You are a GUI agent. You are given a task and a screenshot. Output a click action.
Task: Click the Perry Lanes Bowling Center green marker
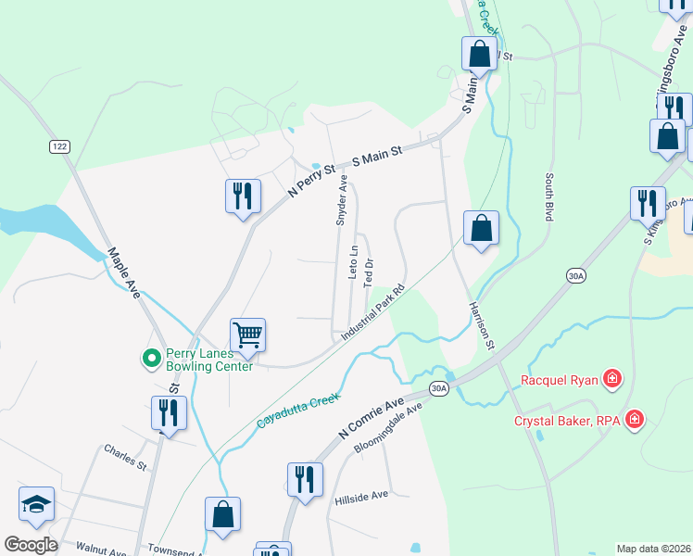148,357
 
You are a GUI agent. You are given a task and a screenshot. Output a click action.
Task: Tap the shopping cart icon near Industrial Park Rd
248,334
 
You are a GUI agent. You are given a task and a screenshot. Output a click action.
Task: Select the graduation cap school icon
36,504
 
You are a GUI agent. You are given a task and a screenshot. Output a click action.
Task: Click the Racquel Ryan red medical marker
611,378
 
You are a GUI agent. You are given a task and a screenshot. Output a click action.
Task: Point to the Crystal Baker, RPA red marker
634,421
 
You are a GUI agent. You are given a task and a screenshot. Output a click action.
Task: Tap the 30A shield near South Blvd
575,275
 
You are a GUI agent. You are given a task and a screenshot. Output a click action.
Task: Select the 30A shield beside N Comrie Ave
439,388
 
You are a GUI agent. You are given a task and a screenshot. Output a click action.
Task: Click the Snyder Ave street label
341,200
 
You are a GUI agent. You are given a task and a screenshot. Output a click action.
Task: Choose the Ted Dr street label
369,271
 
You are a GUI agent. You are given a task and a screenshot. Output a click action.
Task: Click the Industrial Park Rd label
374,310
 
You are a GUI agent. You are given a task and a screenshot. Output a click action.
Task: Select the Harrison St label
478,326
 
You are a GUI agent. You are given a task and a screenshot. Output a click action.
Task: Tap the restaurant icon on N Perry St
242,196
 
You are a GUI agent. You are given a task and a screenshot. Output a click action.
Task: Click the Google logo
31,545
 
